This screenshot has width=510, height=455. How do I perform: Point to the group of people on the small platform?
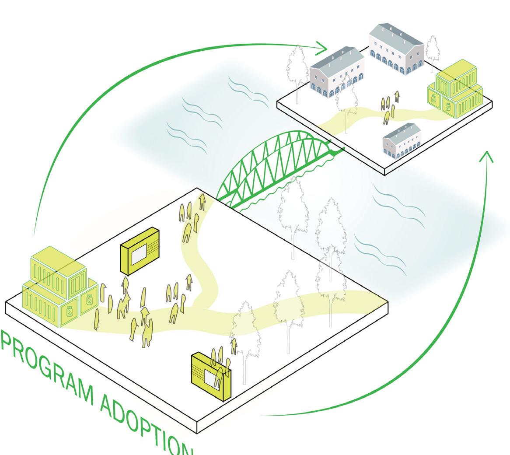pos(389,107)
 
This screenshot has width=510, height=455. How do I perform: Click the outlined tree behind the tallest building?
pos(433,48)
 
